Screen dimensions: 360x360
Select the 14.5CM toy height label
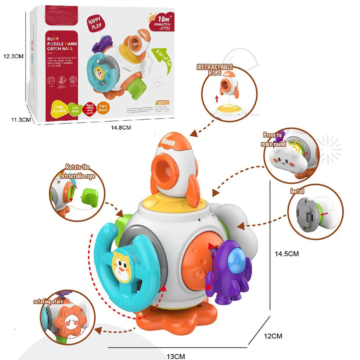(x=287, y=254)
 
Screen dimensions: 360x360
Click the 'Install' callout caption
(x=298, y=191)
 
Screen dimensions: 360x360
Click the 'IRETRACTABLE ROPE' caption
(x=215, y=70)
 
